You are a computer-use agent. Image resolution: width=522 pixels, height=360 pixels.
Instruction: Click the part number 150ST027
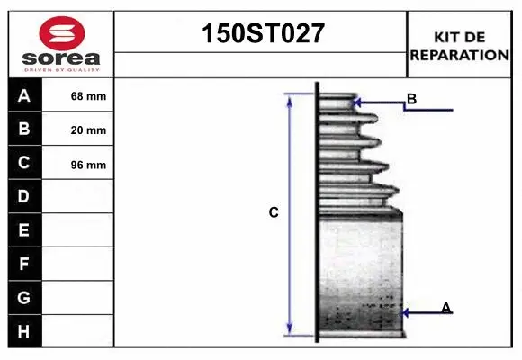point(260,35)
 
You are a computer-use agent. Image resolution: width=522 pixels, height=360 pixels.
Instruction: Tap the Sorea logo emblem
point(61,35)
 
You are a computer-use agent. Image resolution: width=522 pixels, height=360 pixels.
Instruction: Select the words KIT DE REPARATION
point(459,45)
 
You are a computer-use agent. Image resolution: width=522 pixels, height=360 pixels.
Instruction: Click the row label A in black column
point(24,95)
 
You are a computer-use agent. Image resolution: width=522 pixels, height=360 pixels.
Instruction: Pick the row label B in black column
point(24,129)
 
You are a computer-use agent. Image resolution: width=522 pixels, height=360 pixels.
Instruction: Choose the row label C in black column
point(24,163)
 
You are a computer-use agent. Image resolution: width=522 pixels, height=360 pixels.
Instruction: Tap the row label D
point(24,196)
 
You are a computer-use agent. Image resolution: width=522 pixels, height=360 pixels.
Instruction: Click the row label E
point(24,230)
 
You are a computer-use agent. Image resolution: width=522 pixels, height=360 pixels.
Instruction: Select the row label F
point(24,264)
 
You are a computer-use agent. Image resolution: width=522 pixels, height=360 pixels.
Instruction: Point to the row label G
point(24,297)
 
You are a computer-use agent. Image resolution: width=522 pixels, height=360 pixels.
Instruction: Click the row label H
point(24,331)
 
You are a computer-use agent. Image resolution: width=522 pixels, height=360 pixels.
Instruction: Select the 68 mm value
point(88,96)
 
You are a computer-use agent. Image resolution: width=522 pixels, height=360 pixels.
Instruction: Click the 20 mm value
point(88,130)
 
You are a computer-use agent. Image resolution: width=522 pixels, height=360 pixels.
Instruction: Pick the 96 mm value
point(88,165)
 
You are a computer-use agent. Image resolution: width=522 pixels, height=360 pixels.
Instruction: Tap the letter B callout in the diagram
point(411,98)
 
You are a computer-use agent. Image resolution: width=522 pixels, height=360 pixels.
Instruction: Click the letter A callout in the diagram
point(445,308)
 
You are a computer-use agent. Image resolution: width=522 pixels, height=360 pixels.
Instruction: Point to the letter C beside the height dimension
point(274,213)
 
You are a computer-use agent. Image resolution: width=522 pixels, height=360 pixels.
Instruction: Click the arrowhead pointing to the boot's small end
point(357,103)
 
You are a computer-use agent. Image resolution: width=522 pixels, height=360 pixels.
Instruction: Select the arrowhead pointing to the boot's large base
point(404,313)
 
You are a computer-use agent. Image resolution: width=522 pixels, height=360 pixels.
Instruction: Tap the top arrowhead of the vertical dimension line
point(290,98)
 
